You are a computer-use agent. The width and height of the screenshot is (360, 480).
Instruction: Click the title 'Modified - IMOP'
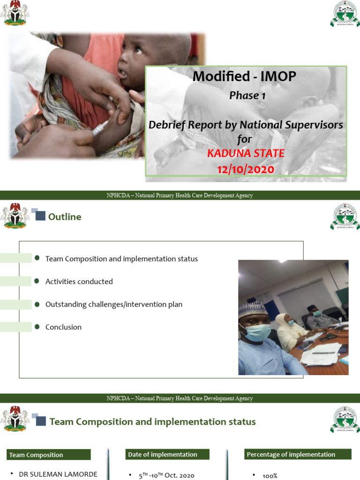coord(245,76)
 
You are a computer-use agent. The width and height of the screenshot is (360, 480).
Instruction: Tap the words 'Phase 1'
coord(244,96)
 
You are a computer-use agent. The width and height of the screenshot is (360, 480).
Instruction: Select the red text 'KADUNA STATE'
coord(246,153)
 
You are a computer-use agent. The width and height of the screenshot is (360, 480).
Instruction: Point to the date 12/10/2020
coord(245,169)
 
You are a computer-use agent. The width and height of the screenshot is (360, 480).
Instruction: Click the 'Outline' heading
coord(65,217)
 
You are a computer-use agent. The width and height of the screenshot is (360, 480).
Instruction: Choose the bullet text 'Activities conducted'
coord(79,282)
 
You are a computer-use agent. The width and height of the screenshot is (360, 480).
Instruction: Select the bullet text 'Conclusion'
coord(63,327)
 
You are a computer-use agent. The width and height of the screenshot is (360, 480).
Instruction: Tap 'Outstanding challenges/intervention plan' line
coord(114,304)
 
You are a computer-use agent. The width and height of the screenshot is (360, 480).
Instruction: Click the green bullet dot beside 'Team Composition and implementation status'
coord(37,258)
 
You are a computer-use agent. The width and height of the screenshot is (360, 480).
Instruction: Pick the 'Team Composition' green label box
coord(49,455)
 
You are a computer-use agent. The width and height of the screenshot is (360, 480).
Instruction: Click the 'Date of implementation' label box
coord(167,454)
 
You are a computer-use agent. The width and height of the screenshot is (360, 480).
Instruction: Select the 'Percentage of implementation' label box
coord(298,454)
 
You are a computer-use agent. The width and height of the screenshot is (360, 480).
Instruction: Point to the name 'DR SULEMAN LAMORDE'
coord(58,474)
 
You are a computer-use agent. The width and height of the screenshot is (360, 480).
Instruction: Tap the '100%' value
coord(270,476)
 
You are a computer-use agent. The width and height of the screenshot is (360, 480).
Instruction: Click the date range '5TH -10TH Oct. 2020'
coord(166,475)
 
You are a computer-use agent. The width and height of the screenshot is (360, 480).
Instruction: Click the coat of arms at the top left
coord(15,13)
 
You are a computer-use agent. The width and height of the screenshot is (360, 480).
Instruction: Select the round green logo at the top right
coord(345,14)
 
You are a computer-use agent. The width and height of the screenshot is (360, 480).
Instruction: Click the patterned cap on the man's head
coord(253,309)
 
